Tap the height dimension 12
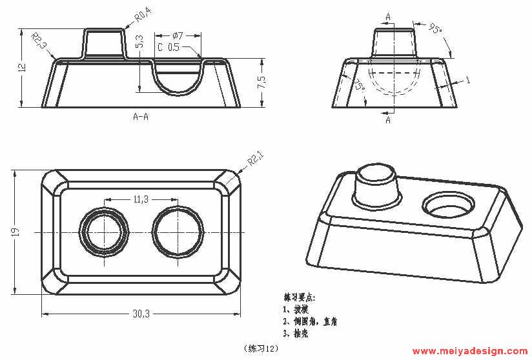click(21, 67)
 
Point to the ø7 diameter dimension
click(179, 35)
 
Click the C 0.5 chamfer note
click(169, 47)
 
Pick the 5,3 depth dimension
click(140, 43)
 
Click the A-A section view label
click(141, 117)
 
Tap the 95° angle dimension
click(436, 28)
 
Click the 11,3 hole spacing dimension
click(141, 199)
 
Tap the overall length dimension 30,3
click(141, 314)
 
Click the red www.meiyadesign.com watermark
click(469, 352)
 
